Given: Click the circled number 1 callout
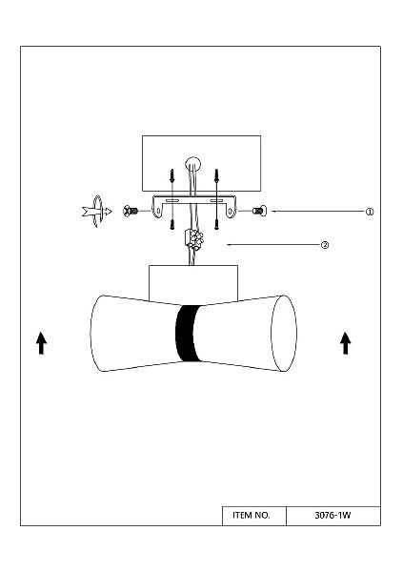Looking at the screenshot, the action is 370,212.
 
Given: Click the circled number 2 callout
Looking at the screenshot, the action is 325,245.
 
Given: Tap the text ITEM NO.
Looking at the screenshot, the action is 252,515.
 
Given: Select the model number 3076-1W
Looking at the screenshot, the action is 332,515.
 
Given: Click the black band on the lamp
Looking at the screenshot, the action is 189,333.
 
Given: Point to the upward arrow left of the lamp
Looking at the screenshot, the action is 41,343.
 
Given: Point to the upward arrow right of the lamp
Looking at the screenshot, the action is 346,343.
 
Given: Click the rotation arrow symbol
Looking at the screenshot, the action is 96,212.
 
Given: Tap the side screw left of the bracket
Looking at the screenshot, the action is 131,211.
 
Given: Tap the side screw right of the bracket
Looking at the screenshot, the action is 259,211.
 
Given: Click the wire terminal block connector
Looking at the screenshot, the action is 194,239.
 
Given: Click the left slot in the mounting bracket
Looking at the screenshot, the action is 172,200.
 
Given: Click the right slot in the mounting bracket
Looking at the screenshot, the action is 216,200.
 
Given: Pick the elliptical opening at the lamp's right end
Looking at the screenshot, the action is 284,334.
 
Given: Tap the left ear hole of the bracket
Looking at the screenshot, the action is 158,211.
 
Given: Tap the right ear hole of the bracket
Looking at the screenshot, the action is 231,211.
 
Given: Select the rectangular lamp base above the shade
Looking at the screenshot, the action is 193,284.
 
